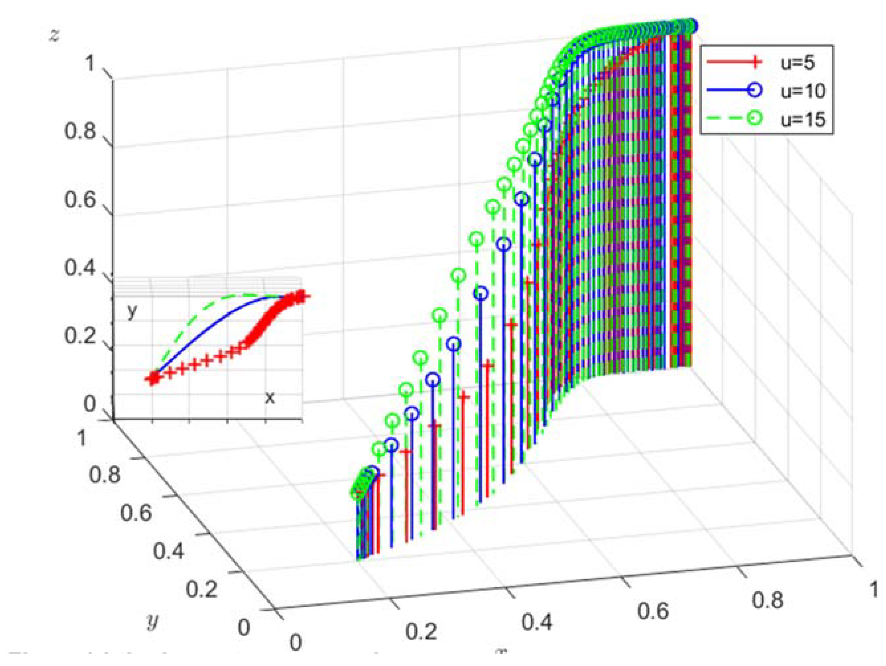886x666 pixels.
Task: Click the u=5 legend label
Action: (797, 63)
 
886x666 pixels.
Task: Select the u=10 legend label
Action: (803, 91)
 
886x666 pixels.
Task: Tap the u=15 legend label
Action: (803, 119)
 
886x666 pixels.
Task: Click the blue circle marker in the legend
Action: (754, 90)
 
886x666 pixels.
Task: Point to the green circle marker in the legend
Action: (754, 118)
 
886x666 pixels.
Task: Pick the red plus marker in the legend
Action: (754, 62)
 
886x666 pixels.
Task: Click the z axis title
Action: (53, 35)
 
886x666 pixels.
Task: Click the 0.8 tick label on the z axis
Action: (80, 131)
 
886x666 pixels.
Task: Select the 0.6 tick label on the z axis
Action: (80, 199)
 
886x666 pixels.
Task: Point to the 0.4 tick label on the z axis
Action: (80, 267)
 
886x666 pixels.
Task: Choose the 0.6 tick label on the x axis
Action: (653, 612)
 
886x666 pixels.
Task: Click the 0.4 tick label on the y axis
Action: (169, 551)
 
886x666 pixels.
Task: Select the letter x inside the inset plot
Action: (270, 397)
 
